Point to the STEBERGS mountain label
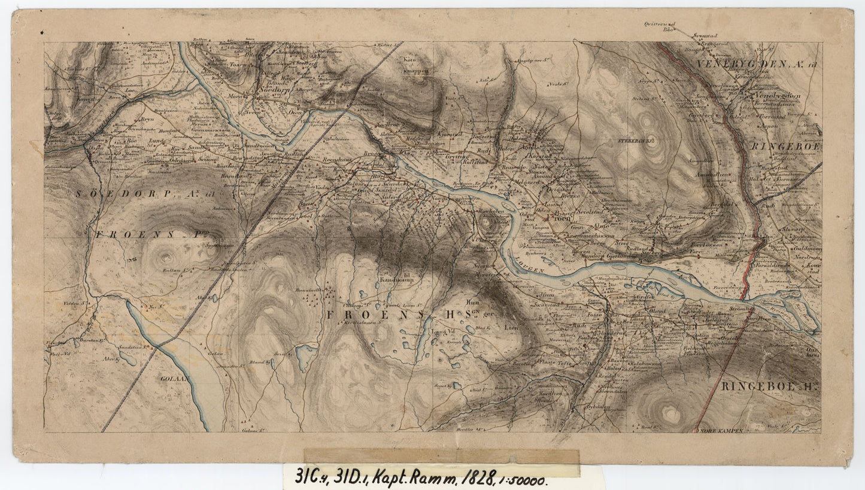click(x=637, y=141)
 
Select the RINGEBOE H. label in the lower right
click(x=769, y=386)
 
